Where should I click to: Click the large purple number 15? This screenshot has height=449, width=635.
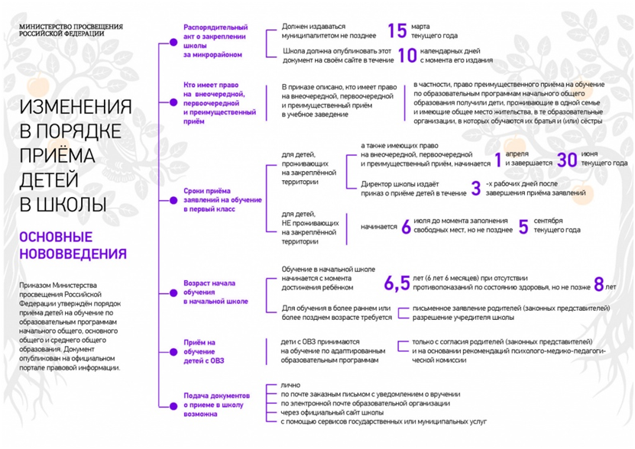point(397,31)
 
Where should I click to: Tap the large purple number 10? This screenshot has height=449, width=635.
point(407,55)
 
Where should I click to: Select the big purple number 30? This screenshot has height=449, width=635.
point(566,160)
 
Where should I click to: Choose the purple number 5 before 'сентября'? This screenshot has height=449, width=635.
point(523,226)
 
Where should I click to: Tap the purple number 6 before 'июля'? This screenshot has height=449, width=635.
point(407,226)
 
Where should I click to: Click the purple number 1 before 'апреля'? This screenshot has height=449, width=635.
point(497,160)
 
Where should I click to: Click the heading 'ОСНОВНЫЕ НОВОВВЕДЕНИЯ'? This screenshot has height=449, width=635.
point(73,245)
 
